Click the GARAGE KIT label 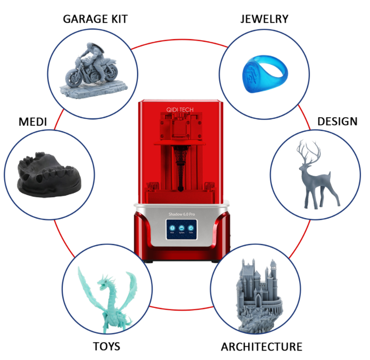tap(95, 19)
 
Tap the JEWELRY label tap(264, 19)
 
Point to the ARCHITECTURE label tap(262, 347)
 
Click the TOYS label tap(107, 346)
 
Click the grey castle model tap(255, 293)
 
